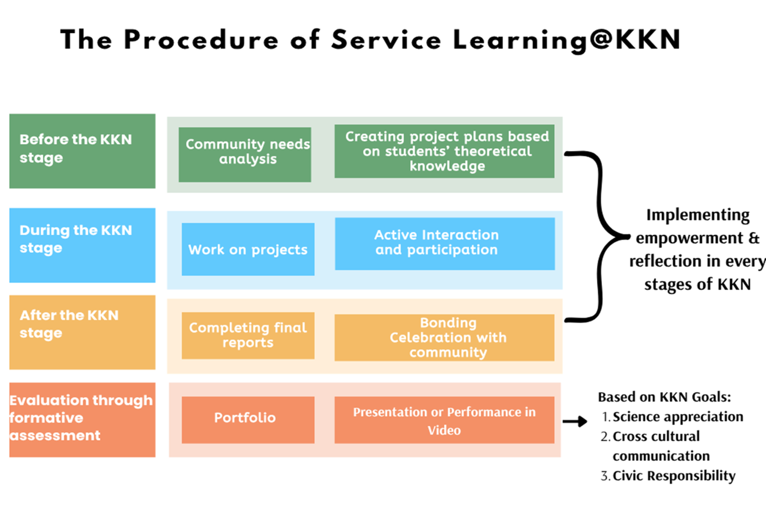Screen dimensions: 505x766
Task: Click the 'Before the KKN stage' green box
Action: (x=82, y=151)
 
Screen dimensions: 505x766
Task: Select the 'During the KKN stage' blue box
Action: (x=82, y=245)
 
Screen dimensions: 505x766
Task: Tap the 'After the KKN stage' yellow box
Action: (x=82, y=332)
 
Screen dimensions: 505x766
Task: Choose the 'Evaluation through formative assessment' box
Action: (x=82, y=420)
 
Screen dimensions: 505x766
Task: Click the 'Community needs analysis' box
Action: (x=245, y=154)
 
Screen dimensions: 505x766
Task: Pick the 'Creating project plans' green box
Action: (x=444, y=151)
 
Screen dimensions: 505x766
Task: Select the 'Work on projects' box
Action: (x=248, y=249)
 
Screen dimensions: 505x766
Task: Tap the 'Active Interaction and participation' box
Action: (x=445, y=243)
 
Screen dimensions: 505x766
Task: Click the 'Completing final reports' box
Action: (x=248, y=335)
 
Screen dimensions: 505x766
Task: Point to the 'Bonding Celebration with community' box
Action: (x=444, y=337)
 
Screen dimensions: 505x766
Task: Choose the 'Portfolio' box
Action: (x=248, y=420)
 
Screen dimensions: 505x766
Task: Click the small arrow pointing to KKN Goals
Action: (x=575, y=421)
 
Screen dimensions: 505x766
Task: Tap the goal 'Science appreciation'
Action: (x=678, y=417)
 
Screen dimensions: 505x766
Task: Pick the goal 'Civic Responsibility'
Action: (x=674, y=476)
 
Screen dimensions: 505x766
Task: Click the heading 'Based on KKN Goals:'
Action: (x=664, y=397)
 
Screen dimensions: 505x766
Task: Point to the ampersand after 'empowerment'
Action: (x=754, y=238)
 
